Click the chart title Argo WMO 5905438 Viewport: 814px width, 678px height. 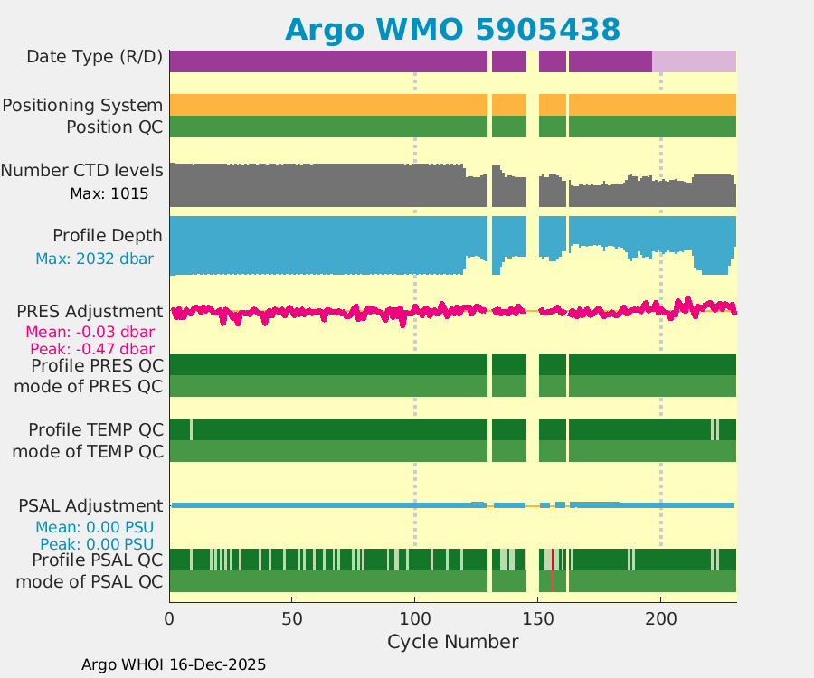tap(452, 29)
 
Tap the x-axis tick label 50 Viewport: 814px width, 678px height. tap(292, 619)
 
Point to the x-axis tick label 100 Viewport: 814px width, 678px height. tap(415, 619)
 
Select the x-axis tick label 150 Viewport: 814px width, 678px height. tap(537, 619)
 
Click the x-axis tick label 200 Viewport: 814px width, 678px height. tap(660, 619)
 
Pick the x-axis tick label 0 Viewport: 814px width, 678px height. tap(170, 619)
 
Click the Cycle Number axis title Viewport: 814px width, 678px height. tap(452, 642)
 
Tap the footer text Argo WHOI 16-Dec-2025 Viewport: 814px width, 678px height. tap(174, 664)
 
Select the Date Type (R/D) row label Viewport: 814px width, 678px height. tap(95, 57)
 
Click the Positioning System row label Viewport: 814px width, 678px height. tap(82, 105)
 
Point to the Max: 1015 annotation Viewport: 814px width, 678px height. tap(109, 193)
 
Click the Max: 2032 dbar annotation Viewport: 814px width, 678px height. tap(94, 259)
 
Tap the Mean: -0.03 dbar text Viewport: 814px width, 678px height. tap(90, 332)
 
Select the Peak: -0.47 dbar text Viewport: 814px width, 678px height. tap(91, 348)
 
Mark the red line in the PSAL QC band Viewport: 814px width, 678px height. tap(552, 570)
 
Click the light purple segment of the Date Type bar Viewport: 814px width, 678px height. tap(694, 61)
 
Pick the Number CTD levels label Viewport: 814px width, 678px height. tap(82, 171)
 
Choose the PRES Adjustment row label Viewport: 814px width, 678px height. tap(90, 311)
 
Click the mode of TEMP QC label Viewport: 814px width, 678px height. tap(88, 450)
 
